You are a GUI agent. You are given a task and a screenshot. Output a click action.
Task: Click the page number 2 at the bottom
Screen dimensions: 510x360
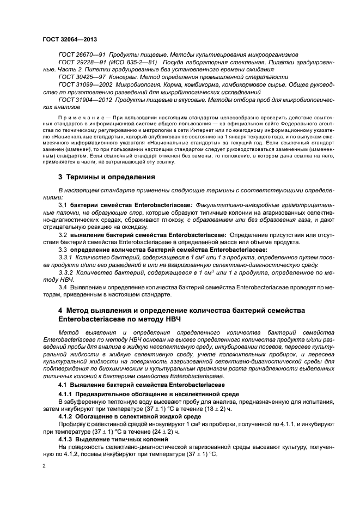click(x=46, y=466)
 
